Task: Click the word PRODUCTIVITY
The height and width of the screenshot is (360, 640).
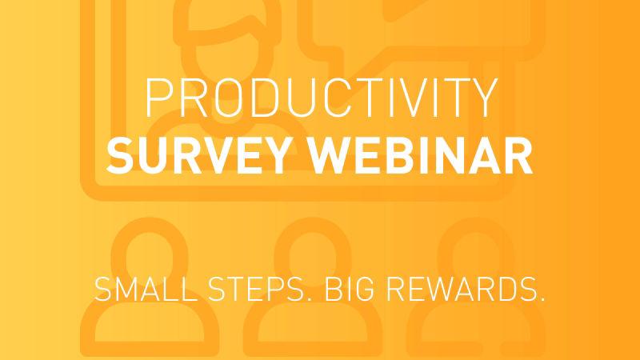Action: pyautogui.click(x=322, y=98)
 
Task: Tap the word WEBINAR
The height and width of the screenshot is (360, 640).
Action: pyautogui.click(x=421, y=155)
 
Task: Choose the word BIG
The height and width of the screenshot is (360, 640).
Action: pyautogui.click(x=350, y=289)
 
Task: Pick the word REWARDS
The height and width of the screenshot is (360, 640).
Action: pyautogui.click(x=462, y=289)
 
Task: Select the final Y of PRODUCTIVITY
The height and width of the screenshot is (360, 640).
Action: pyautogui.click(x=484, y=98)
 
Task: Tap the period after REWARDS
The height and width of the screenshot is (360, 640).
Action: pyautogui.click(x=542, y=299)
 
